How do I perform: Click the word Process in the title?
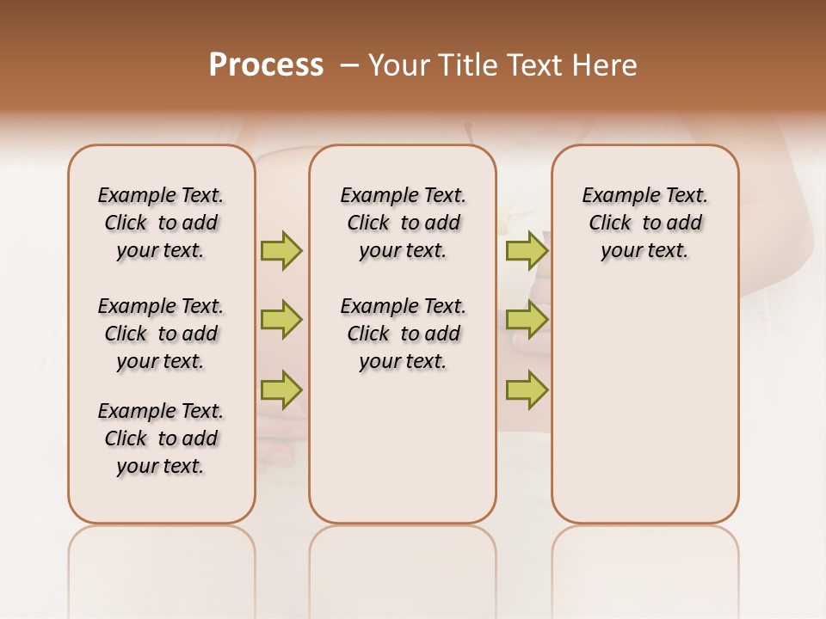point(266,65)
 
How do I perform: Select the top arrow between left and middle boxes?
point(281,250)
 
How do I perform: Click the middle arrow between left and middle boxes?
point(281,320)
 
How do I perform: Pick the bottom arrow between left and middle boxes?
point(281,389)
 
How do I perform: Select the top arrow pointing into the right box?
point(527,250)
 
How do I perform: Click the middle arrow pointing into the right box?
point(527,320)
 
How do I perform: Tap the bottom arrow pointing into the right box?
point(527,389)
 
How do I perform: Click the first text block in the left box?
point(161,223)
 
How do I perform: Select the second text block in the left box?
point(161,334)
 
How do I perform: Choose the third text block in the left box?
point(161,438)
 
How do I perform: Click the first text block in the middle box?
point(403,223)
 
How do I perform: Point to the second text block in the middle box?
point(403,334)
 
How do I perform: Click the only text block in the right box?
point(644,223)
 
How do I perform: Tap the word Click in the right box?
point(610,224)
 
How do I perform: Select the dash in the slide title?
point(348,65)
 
